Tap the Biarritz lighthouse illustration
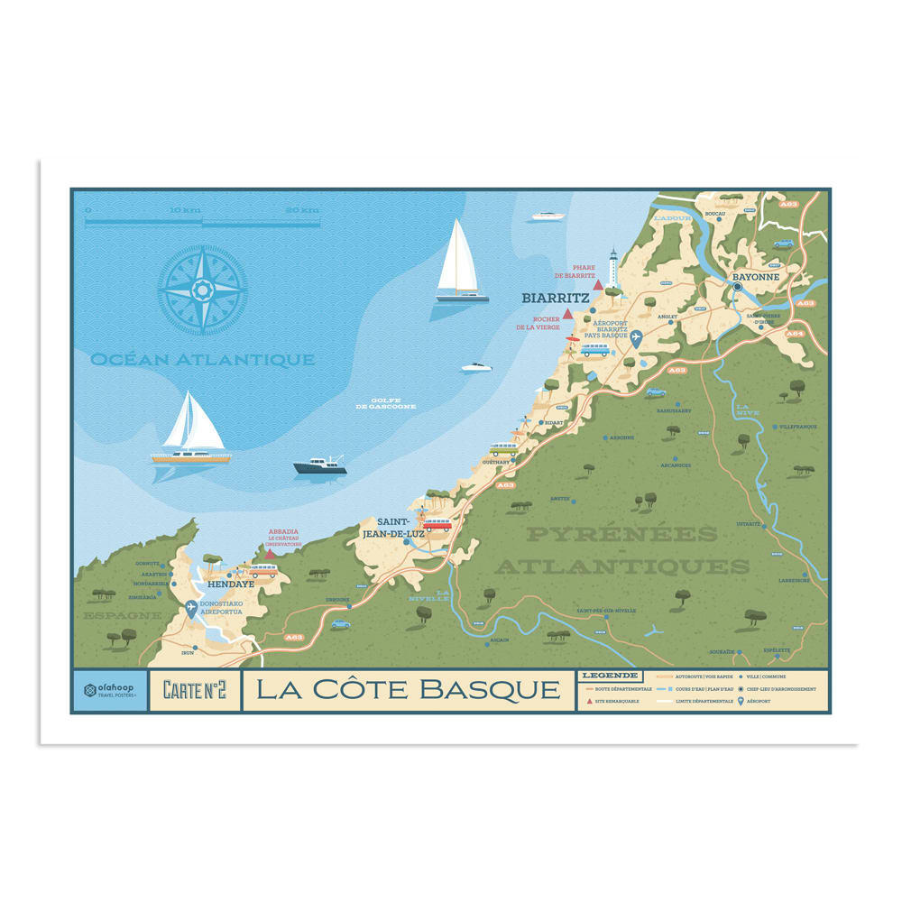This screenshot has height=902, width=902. pyautogui.click(x=612, y=268)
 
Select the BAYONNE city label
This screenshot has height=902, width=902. pyautogui.click(x=755, y=277)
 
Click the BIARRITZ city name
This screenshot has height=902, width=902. pyautogui.click(x=556, y=297)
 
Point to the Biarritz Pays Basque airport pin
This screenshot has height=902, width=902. pyautogui.click(x=636, y=337)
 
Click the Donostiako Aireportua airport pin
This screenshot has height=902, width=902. pyautogui.click(x=191, y=609)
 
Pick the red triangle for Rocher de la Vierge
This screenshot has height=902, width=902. pyautogui.click(x=567, y=314)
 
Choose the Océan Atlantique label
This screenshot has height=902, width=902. pyautogui.click(x=202, y=360)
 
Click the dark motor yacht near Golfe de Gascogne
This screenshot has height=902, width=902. pyautogui.click(x=319, y=466)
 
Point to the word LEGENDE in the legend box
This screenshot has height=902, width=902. pyautogui.click(x=611, y=675)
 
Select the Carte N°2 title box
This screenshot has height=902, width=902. pyautogui.click(x=195, y=690)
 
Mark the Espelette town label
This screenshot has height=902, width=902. pyautogui.click(x=777, y=650)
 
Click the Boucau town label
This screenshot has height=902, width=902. pyautogui.click(x=715, y=214)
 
